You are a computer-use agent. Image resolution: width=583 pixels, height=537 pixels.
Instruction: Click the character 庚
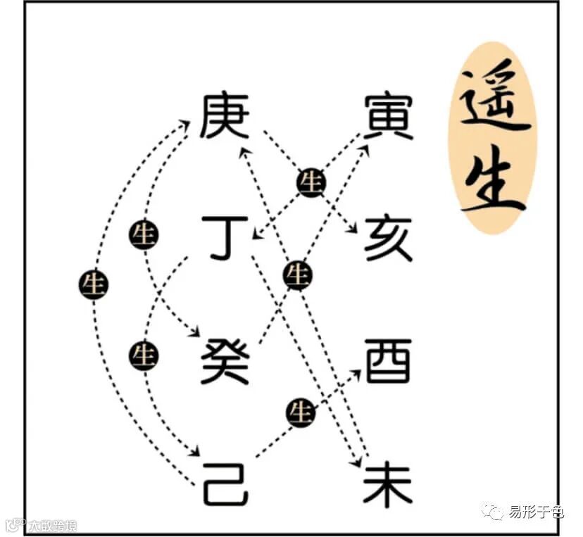tap(225, 117)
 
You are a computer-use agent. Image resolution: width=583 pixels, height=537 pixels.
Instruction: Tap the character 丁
tap(225, 238)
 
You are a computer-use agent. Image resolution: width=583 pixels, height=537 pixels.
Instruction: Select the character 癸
tap(225, 360)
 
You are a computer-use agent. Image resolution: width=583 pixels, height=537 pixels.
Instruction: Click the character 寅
tap(388, 117)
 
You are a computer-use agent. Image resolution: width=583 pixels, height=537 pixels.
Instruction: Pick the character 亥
tap(388, 238)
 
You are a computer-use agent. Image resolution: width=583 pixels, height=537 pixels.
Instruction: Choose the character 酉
tap(388, 360)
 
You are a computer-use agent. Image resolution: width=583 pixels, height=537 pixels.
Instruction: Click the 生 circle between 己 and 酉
tap(302, 412)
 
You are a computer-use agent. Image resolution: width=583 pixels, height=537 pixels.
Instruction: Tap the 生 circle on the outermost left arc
tap(94, 284)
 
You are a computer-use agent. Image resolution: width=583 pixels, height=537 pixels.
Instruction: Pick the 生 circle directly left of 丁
tap(144, 235)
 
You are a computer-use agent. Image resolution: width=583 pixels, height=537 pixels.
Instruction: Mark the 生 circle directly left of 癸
tap(144, 356)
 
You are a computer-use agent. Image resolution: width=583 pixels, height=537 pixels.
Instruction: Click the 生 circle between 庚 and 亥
tap(311, 183)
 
